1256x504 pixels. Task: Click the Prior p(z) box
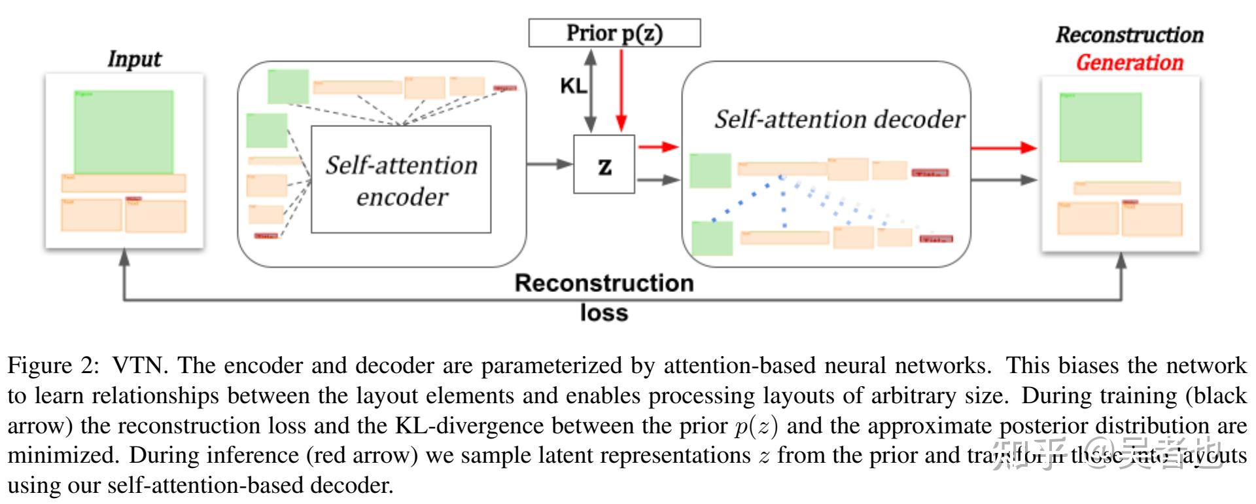click(x=614, y=33)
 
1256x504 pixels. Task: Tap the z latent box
click(x=604, y=165)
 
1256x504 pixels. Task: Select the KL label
click(x=573, y=86)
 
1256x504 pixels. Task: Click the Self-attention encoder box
click(x=401, y=180)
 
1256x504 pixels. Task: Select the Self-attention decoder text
click(x=839, y=119)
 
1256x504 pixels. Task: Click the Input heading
click(x=134, y=59)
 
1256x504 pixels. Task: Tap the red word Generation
click(x=1129, y=63)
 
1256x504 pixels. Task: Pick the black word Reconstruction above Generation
click(x=1129, y=35)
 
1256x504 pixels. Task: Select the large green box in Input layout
click(x=124, y=132)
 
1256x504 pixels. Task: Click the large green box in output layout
click(x=1100, y=127)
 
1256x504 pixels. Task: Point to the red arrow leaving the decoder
click(x=1003, y=148)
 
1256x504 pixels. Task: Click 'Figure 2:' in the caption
click(x=54, y=366)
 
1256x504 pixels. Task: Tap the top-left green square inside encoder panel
click(x=288, y=86)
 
